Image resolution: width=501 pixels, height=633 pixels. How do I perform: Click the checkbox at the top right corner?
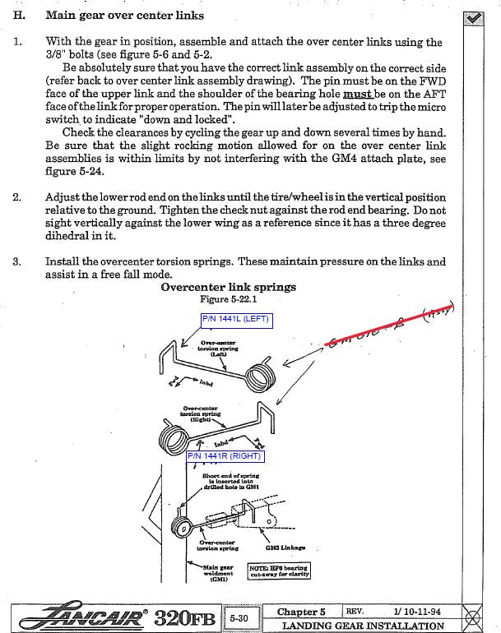pos(472,17)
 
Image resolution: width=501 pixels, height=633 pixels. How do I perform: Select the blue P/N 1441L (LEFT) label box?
pos(235,319)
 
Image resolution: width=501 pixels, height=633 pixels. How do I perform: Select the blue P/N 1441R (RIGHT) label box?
pos(224,455)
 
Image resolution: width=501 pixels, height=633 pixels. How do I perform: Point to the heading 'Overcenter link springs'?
pos(229,288)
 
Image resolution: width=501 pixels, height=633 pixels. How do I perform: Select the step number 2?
pos(17,198)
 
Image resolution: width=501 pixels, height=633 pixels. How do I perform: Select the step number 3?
pos(17,262)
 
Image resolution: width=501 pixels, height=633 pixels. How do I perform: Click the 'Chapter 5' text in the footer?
pos(301,612)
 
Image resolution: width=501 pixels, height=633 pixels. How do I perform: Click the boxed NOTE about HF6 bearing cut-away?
pos(278,571)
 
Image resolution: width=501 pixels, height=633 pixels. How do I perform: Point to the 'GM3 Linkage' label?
pos(285,547)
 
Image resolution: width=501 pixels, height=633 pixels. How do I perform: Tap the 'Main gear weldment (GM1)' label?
pos(219,572)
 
